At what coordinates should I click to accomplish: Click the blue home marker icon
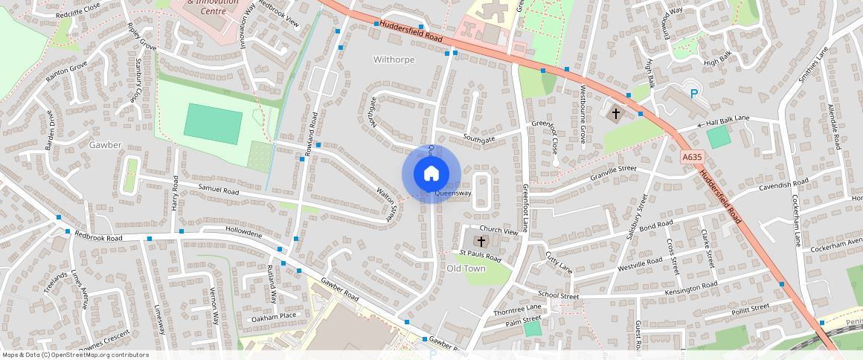[431, 174]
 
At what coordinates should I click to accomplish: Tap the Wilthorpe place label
[394, 59]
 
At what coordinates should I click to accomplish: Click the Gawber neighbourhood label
[103, 144]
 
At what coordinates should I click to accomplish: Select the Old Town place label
[466, 268]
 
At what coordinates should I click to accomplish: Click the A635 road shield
[692, 157]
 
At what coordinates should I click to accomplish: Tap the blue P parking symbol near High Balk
[694, 94]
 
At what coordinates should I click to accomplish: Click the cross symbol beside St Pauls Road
[481, 242]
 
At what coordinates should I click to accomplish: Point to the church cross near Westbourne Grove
[615, 114]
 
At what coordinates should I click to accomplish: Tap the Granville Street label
[613, 173]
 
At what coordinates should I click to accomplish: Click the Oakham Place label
[274, 316]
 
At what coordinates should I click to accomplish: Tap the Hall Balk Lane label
[738, 120]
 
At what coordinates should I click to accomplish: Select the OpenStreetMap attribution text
[75, 355]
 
